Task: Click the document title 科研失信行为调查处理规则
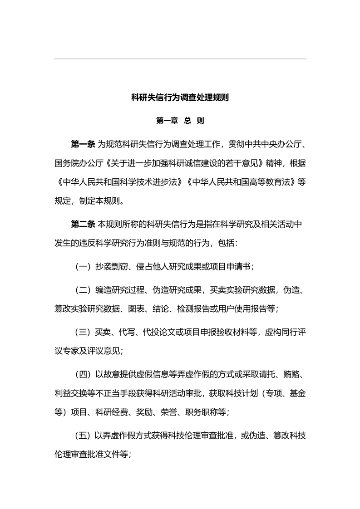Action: tap(180, 98)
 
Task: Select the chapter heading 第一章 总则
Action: tap(180, 121)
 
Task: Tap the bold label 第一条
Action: tap(83, 145)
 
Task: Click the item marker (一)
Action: tap(83, 266)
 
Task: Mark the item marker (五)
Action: tap(83, 436)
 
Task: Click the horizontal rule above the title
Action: tap(180, 59)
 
